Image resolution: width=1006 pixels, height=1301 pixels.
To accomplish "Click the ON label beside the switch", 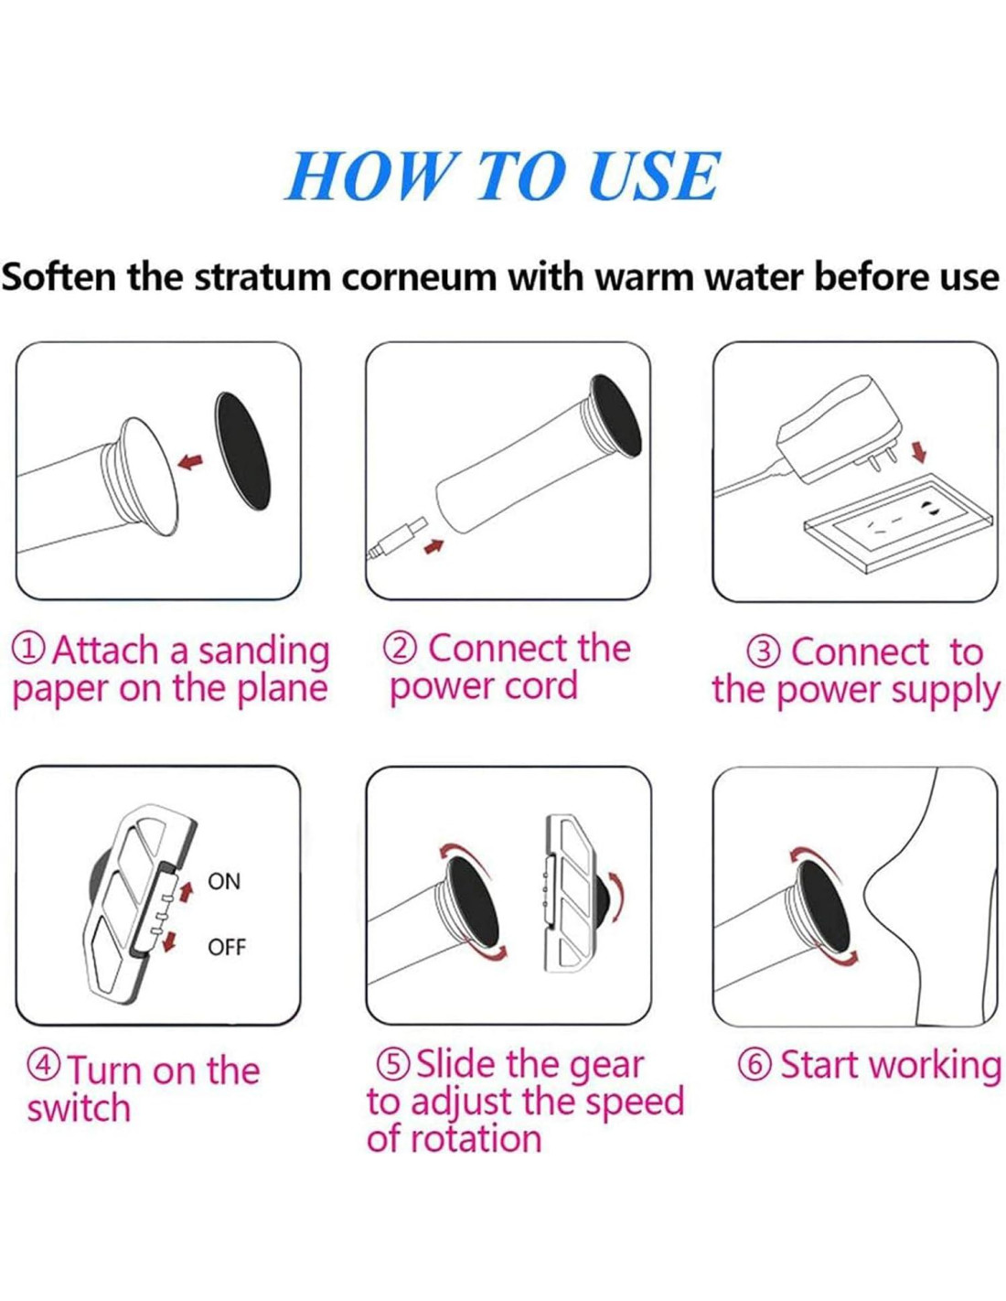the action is pos(224,882).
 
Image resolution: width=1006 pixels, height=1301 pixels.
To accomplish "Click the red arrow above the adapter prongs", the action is pos(920,451).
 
